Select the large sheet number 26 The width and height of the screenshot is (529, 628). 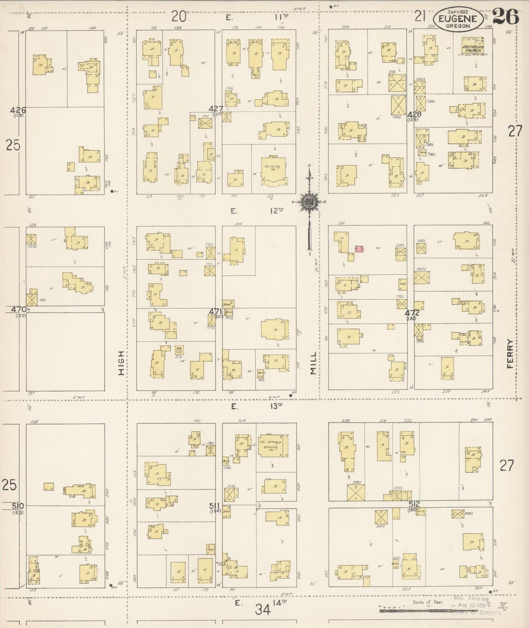(506, 16)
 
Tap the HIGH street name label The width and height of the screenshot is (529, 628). (121, 363)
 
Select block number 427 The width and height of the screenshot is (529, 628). (216, 108)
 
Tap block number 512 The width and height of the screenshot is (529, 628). (414, 504)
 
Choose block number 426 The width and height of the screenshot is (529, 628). (18, 110)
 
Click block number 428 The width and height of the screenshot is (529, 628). (414, 114)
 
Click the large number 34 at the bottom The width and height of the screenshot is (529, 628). (263, 610)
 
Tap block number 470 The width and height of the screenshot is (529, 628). (18, 309)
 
